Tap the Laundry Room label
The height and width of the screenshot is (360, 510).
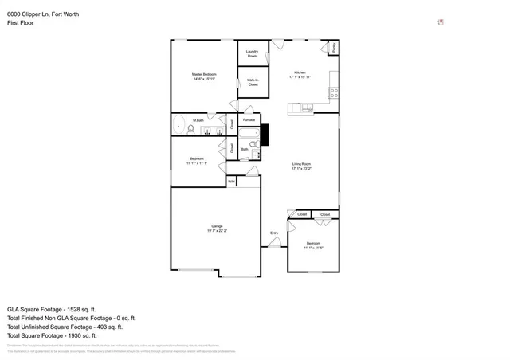(x=252, y=54)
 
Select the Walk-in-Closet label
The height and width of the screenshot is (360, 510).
(x=253, y=82)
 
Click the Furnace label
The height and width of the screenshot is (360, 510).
(x=249, y=119)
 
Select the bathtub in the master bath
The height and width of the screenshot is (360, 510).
(x=179, y=126)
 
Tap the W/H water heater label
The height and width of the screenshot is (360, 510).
(x=231, y=182)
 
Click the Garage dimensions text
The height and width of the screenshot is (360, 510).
(x=217, y=230)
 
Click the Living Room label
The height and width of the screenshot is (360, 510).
(x=300, y=166)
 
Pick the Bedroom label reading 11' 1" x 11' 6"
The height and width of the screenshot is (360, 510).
(x=312, y=245)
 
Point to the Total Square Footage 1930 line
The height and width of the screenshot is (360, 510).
(x=52, y=335)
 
